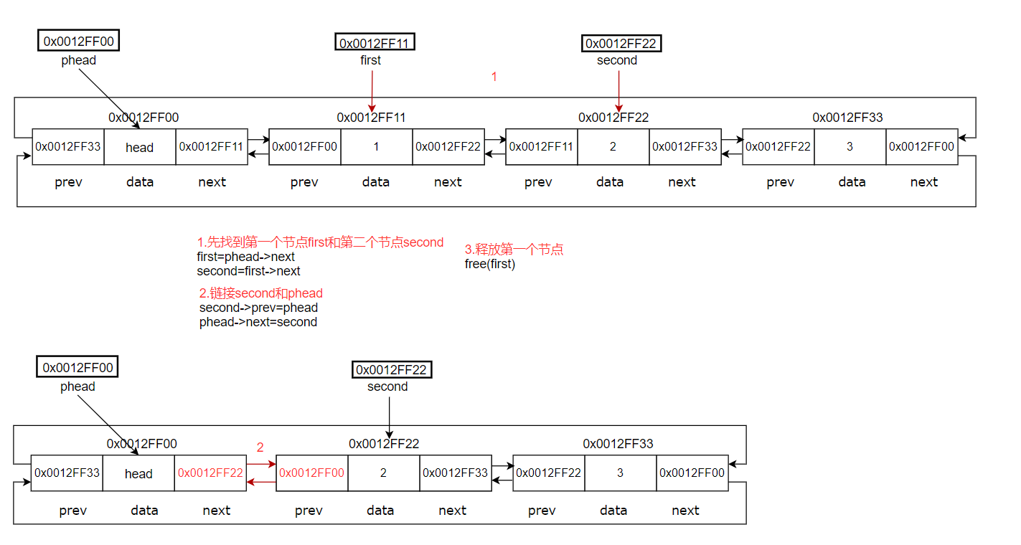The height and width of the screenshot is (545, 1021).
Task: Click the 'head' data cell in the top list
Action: (x=140, y=147)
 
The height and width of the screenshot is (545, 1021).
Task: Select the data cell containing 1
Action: (x=376, y=146)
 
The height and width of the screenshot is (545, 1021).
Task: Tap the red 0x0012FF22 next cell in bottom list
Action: (x=210, y=473)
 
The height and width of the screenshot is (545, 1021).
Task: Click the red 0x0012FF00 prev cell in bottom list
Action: (x=311, y=473)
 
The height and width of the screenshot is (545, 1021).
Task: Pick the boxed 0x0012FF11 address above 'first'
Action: (x=375, y=43)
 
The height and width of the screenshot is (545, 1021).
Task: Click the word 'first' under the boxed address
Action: (x=370, y=60)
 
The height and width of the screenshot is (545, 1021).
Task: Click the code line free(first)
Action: (x=490, y=263)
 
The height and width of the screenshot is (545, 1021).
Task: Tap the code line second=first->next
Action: (x=248, y=271)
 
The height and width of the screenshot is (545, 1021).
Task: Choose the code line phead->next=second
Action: (x=258, y=322)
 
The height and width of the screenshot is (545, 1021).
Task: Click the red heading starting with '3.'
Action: (x=514, y=250)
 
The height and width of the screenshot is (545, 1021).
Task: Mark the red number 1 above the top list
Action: (x=494, y=77)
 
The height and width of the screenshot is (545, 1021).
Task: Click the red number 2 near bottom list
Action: (x=260, y=447)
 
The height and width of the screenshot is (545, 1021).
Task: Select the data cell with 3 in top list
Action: (x=850, y=146)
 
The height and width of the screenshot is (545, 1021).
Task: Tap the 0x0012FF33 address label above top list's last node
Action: (x=847, y=117)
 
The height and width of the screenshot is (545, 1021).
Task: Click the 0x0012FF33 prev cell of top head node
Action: (x=68, y=146)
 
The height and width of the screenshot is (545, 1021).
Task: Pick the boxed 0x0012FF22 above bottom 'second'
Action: (x=392, y=370)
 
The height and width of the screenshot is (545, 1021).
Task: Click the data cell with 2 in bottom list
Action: (x=383, y=473)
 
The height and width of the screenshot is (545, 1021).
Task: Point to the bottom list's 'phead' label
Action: (x=77, y=387)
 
